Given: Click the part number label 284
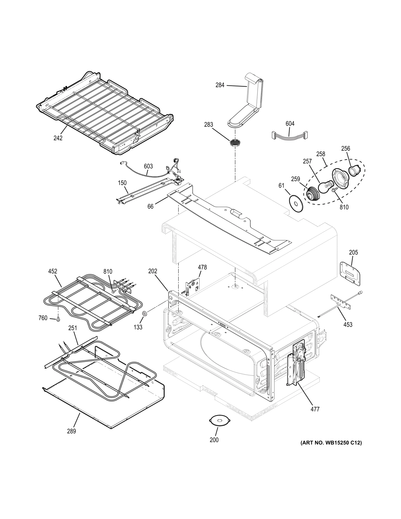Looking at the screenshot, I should click(220, 85).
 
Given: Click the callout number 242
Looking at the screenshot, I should click(58, 138).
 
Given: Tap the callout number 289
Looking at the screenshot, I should click(72, 431).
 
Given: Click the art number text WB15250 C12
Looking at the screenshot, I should click(331, 443).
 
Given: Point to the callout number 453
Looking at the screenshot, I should click(348, 325).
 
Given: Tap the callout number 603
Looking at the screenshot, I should click(148, 166).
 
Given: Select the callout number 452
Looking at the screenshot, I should click(53, 271).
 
